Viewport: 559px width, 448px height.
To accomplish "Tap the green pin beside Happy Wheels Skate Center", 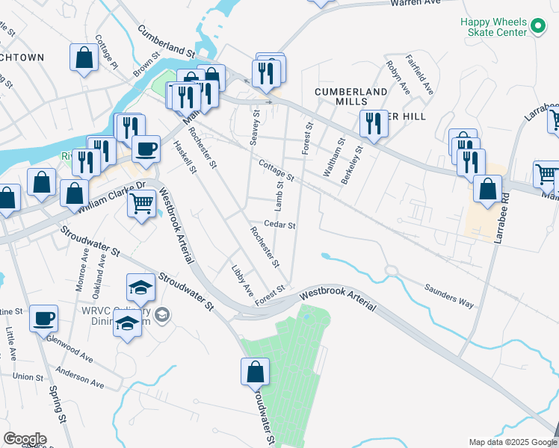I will click(x=537, y=27).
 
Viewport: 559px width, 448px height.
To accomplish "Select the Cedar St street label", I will click(x=280, y=225).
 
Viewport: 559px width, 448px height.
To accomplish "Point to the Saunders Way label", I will click(x=449, y=295).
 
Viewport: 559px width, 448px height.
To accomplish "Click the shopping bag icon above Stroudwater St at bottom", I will click(x=255, y=370).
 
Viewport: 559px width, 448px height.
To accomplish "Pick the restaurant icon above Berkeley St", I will click(x=373, y=122).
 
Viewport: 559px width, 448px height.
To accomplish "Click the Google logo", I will click(x=25, y=438).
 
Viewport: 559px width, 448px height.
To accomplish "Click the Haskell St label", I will click(x=184, y=158).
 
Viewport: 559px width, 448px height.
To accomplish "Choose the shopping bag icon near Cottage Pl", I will click(x=84, y=57).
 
